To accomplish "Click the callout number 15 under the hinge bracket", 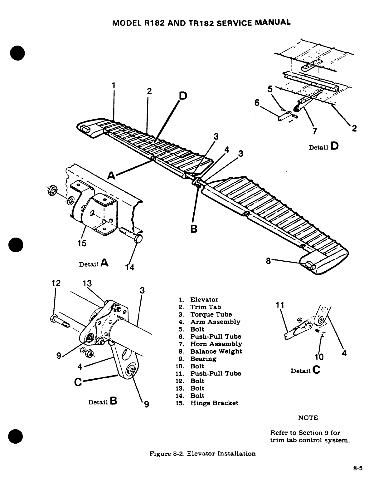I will click(82, 243).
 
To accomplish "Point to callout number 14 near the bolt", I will click(129, 268).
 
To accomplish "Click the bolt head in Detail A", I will click(138, 239).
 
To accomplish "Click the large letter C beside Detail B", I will click(79, 381).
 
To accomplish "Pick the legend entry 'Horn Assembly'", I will click(216, 344).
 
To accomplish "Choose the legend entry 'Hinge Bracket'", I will click(214, 403).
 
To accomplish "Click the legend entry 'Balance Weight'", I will click(216, 352).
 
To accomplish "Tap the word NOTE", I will click(308, 418).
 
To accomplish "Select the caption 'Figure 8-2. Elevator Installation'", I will click(202, 454).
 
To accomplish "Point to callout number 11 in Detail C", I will click(280, 305).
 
